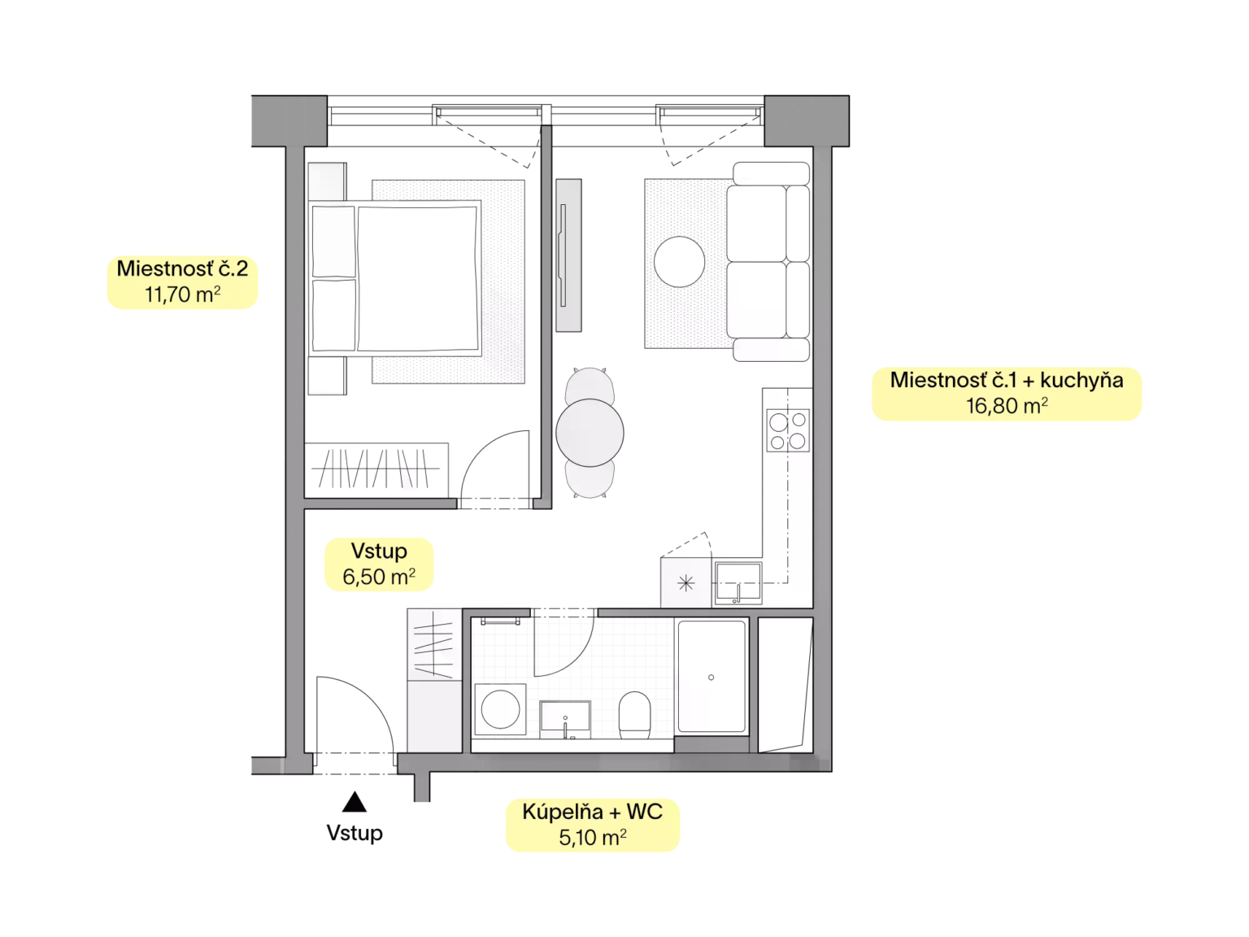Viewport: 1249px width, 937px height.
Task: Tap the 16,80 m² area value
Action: [x=1006, y=406]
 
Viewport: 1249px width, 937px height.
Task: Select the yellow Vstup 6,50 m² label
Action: [x=379, y=564]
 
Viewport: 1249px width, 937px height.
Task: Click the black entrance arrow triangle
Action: [x=354, y=802]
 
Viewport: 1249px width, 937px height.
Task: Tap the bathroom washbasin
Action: [x=565, y=719]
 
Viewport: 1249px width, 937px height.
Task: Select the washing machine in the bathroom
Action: [x=500, y=709]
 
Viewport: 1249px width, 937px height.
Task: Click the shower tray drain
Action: [x=711, y=677]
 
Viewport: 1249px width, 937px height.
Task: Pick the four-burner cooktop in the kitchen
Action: [x=788, y=430]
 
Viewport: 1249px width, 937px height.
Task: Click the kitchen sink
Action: [x=738, y=582]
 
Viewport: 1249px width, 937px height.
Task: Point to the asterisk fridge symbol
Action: [x=686, y=583]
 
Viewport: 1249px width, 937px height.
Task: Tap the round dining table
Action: [x=590, y=433]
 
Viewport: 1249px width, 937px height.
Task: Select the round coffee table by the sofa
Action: [x=679, y=262]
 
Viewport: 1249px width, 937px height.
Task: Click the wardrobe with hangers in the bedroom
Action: [x=376, y=469]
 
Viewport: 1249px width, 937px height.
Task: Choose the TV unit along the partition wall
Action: [x=568, y=255]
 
